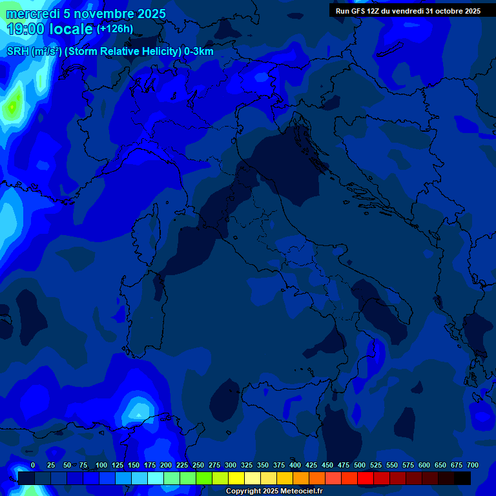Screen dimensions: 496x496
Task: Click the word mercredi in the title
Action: pos(32,14)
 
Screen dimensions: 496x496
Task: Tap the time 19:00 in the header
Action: pos(25,29)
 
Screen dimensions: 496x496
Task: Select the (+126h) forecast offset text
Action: pos(115,29)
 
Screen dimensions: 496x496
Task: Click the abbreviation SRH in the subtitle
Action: pos(18,52)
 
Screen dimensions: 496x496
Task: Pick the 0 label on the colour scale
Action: pos(33,466)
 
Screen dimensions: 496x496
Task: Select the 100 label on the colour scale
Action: pos(101,466)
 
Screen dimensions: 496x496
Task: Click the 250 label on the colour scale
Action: pos(198,466)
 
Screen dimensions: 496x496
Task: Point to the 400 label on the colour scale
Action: pos(295,466)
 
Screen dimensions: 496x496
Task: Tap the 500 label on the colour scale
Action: pos(360,466)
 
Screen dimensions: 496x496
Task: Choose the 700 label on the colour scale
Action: pos(473,466)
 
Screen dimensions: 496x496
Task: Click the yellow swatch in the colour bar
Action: pos(236,478)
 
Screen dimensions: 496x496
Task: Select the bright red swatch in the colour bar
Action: pos(366,478)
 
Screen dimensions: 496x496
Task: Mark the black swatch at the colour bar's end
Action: pos(462,478)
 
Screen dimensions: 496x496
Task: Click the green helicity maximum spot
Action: pos(13,105)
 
